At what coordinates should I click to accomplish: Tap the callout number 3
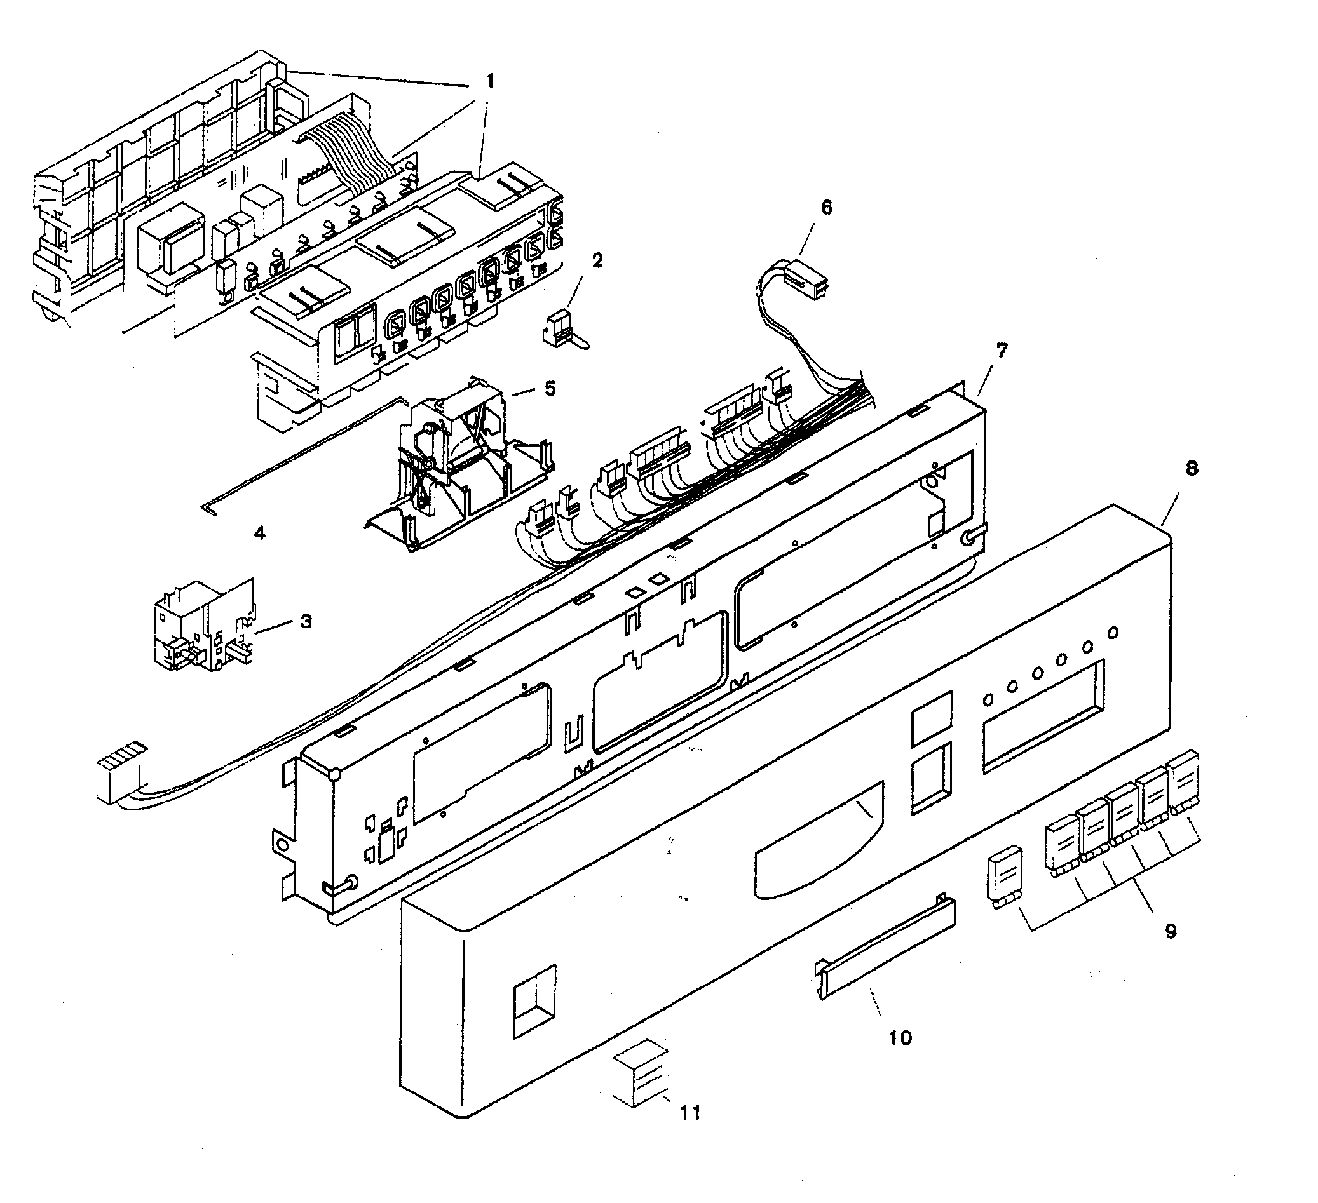click(306, 621)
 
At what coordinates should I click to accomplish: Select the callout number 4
click(259, 533)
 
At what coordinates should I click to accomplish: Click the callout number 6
click(826, 208)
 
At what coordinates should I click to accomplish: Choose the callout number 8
click(1191, 468)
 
